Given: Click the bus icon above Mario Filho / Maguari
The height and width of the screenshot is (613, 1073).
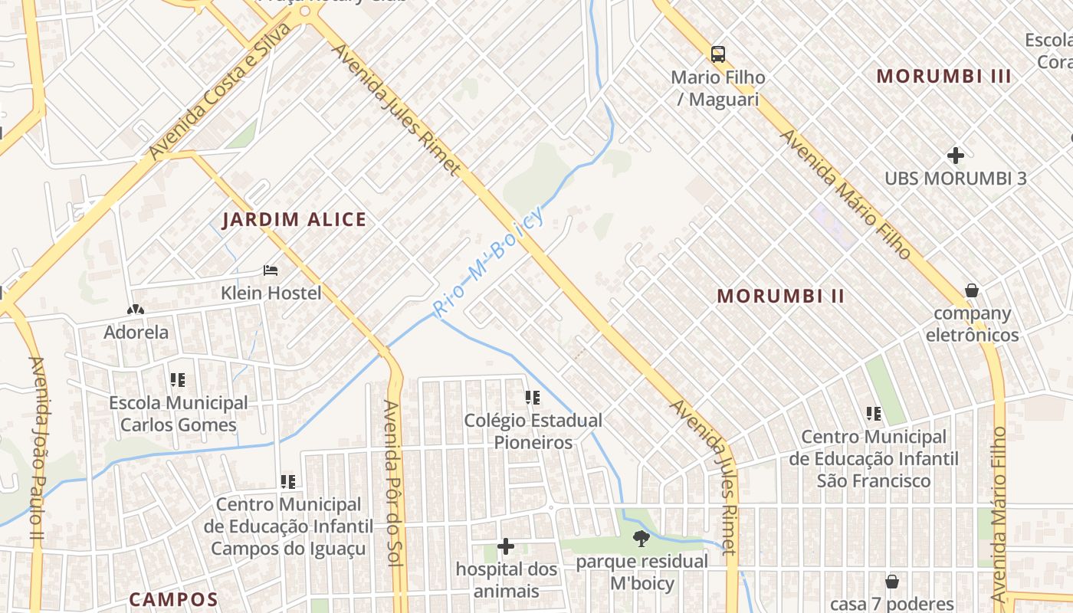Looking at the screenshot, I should pos(717,54).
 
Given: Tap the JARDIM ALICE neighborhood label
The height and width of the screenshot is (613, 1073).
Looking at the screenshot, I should pos(294,220).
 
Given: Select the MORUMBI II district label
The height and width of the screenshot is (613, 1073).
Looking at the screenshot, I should pos(780,296).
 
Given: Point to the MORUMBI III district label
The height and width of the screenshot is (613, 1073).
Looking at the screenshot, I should pos(943,76).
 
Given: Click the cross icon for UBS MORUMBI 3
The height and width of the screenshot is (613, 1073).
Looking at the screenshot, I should pos(955,156).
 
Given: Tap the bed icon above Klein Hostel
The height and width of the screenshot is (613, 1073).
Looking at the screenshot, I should pos(271,270).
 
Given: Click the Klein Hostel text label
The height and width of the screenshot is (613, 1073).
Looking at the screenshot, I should pos(271,293).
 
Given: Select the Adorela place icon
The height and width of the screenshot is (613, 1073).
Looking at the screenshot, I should pos(136,310).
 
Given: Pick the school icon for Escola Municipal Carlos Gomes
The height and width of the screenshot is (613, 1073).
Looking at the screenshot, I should pos(178,379).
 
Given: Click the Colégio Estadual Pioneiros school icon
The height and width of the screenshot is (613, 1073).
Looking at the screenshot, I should pos(532,397).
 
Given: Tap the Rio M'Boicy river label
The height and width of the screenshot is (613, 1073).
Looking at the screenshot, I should pos(488,262).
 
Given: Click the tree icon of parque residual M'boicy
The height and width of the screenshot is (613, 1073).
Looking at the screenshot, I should pos(641,539).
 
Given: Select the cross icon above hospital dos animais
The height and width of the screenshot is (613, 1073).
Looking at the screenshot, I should pos(506,546).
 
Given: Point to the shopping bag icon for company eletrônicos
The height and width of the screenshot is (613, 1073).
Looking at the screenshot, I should pos(972,290).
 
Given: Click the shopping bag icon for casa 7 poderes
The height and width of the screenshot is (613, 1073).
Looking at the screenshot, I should pos(891,582).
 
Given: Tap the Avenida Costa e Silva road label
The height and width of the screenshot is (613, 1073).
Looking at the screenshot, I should pos(221,91).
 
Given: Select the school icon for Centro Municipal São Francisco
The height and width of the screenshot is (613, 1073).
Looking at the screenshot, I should pos(874,414).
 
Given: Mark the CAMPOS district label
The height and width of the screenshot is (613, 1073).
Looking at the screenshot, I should pos(173,599).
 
